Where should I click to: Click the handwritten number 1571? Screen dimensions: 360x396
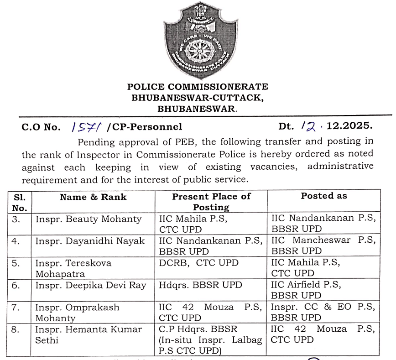[87, 126]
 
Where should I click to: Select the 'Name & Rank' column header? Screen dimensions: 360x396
[93, 197]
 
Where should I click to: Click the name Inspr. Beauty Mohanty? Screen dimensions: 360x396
[89, 219]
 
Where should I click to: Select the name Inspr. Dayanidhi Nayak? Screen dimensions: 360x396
[90, 241]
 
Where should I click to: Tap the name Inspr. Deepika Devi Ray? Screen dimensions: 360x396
[91, 285]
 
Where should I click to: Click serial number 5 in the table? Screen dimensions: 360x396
[16, 263]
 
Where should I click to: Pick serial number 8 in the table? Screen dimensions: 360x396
[16, 329]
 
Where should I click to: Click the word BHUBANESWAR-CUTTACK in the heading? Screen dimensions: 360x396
[198, 97]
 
